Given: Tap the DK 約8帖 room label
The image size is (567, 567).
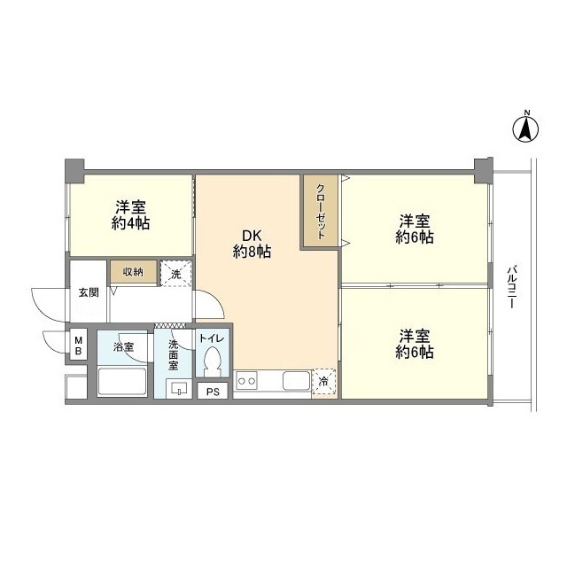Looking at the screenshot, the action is pos(252,244).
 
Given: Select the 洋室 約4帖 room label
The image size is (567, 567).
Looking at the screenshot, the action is pos(130,215).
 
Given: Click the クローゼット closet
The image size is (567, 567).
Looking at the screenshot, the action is pos(321,212).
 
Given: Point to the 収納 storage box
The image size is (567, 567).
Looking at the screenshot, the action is pos(134,272).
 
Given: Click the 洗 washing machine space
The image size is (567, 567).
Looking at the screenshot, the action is pos(175,274).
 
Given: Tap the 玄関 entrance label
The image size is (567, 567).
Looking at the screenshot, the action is pos(89,292).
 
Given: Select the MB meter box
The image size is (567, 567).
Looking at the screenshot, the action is pos(79,345).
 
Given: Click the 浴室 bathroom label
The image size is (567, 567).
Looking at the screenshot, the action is pos(124,347).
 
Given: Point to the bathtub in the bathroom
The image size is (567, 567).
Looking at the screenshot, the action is pos(122,382).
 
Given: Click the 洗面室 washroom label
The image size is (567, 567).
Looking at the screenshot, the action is pos(174,354).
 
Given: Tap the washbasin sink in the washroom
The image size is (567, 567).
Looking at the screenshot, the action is pos(179,388).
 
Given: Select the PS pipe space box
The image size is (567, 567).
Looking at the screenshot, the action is pos(213,392).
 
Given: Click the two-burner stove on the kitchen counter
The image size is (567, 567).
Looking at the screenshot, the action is pos(246,381).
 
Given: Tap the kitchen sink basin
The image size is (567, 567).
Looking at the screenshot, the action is pos(297,381).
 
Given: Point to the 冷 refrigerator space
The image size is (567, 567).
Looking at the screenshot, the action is pos(324,382).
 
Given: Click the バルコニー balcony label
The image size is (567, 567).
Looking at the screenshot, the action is pos(512,287).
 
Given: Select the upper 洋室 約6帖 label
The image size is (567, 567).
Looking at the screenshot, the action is pos(415,229).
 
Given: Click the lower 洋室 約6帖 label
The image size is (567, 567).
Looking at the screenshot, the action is pos(415,344).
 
